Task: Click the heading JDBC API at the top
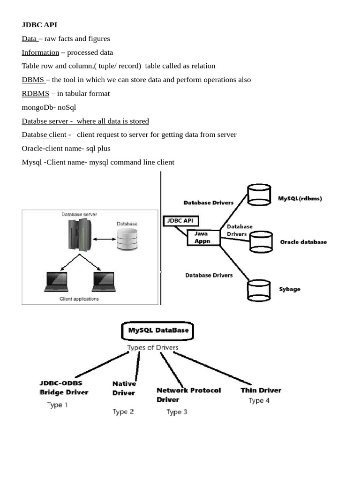pyautogui.click(x=39, y=25)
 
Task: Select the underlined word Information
pyautogui.click(x=40, y=52)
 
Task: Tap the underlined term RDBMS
pyautogui.click(x=35, y=93)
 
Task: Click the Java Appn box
pyautogui.click(x=203, y=237)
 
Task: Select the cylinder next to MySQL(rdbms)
pyautogui.click(x=259, y=195)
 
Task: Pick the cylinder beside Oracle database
pyautogui.click(x=261, y=241)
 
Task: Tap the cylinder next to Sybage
pyautogui.click(x=258, y=290)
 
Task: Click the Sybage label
pyautogui.click(x=290, y=289)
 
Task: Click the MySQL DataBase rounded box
pyautogui.click(x=157, y=330)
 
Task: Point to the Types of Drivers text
pyautogui.click(x=153, y=348)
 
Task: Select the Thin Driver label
pyautogui.click(x=261, y=390)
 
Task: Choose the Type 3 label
pyautogui.click(x=177, y=412)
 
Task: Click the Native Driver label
pyautogui.click(x=124, y=388)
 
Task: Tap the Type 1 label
pyautogui.click(x=58, y=405)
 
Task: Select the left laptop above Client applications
pyautogui.click(x=57, y=281)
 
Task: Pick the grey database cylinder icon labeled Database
pyautogui.click(x=127, y=239)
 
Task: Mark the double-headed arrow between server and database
pyautogui.click(x=103, y=240)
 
